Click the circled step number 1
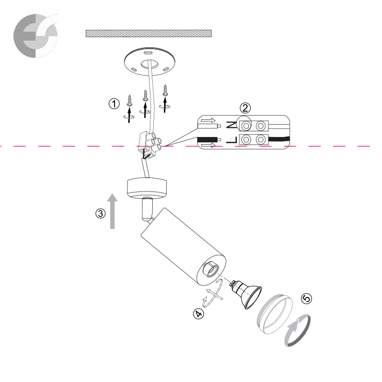click(114, 104)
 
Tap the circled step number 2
click(245, 108)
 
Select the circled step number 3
click(100, 213)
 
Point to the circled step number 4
click(199, 314)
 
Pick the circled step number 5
click(307, 298)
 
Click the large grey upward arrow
click(112, 211)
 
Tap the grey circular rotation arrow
click(297, 330)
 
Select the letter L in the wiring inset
click(232, 140)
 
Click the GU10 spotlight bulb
click(246, 293)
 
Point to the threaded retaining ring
click(274, 314)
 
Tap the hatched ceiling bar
click(149, 33)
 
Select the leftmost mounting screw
click(129, 100)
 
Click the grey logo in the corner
click(35, 35)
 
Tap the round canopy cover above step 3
click(147, 188)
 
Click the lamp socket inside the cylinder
click(210, 269)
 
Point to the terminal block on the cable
click(150, 144)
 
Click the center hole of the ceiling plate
click(149, 64)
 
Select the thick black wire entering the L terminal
click(279, 140)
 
